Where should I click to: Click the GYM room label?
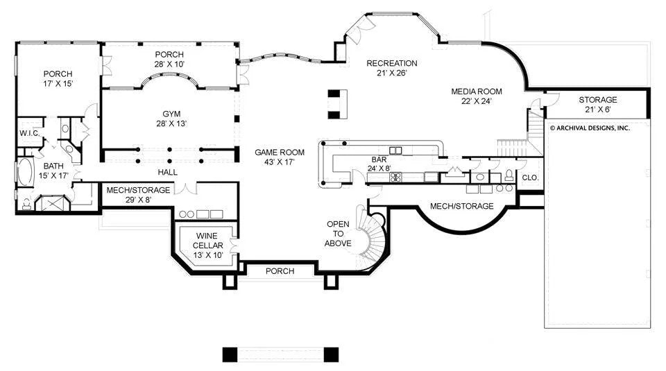tap(171, 119)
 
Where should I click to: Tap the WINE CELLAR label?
tap(207, 245)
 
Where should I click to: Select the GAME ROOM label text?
tap(280, 157)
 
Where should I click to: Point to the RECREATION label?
tap(391, 68)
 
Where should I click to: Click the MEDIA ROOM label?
tap(477, 96)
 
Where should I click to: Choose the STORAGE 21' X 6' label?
tap(597, 105)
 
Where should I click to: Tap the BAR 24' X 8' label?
tap(379, 164)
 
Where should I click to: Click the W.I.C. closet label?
tap(29, 133)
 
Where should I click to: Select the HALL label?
tap(168, 172)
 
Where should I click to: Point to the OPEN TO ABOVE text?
tap(338, 234)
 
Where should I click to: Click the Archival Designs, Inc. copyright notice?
tap(590, 128)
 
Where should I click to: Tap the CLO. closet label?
tap(530, 178)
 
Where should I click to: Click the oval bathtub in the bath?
tap(25, 172)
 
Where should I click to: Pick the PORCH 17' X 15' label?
tap(58, 78)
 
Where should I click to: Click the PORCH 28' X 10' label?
tap(169, 59)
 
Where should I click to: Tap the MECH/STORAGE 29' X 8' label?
tap(138, 194)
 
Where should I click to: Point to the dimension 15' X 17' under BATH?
tap(53, 175)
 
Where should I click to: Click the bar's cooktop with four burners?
tap(396, 177)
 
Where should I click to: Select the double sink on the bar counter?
tap(395, 150)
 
